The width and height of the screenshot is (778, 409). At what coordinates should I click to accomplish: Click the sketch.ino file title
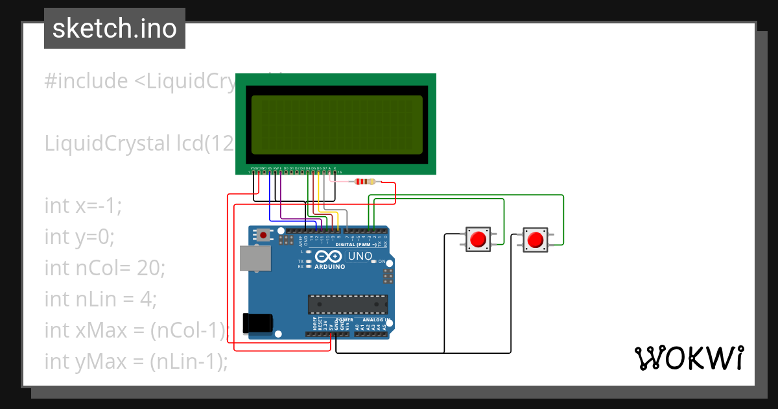pos(115,29)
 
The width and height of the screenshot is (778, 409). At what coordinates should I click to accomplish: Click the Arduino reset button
pos(264,235)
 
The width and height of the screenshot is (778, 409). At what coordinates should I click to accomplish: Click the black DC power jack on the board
pos(257,323)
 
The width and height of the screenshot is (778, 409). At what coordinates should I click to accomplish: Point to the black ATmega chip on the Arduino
pos(348,304)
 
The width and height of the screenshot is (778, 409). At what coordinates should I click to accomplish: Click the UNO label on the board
pos(360,256)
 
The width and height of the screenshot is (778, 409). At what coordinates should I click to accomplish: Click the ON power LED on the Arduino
pos(375,262)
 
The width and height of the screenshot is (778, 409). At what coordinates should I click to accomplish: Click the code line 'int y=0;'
pos(79,237)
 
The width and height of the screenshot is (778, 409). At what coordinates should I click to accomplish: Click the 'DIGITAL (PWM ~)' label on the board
pos(357,245)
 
